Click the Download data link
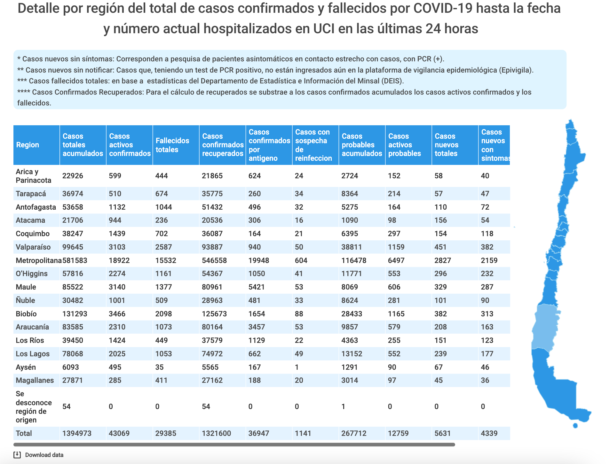click(44, 455)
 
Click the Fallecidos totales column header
click(172, 145)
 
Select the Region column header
click(28, 145)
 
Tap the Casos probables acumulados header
click(362, 145)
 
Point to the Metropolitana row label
click(39, 260)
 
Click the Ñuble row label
click(25, 300)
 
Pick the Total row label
click(24, 433)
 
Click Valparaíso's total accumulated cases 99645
click(73, 247)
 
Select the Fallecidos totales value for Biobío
click(164, 314)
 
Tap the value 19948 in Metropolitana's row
click(259, 260)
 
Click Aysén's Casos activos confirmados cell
click(115, 367)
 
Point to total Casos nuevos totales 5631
click(443, 433)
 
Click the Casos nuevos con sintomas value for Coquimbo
click(487, 234)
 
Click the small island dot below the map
click(575, 425)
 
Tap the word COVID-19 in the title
click(443, 8)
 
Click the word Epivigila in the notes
click(515, 70)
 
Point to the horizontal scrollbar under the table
click(234, 445)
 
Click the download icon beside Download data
click(17, 455)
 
